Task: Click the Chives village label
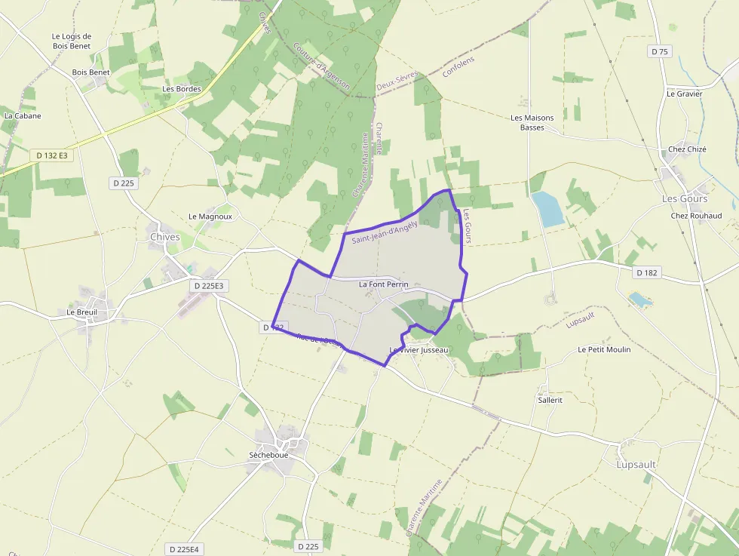[x=164, y=237]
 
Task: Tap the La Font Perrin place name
[x=383, y=284]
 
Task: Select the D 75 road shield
[x=659, y=51]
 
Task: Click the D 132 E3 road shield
[x=52, y=155]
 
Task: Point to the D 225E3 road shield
[x=210, y=286]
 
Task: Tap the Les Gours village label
[x=685, y=198]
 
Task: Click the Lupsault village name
[x=636, y=465]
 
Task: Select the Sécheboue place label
[x=268, y=455]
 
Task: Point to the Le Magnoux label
[x=210, y=217]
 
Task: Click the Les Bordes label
[x=182, y=88]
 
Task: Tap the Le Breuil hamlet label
[x=82, y=312]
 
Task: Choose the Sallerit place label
[x=550, y=400]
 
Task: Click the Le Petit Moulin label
[x=604, y=349]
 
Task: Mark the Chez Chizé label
[x=687, y=149]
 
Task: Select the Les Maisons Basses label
[x=532, y=122]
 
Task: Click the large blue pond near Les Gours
[x=547, y=209]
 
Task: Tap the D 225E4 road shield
[x=184, y=549]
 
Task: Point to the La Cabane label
[x=23, y=116]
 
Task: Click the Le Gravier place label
[x=684, y=94]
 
